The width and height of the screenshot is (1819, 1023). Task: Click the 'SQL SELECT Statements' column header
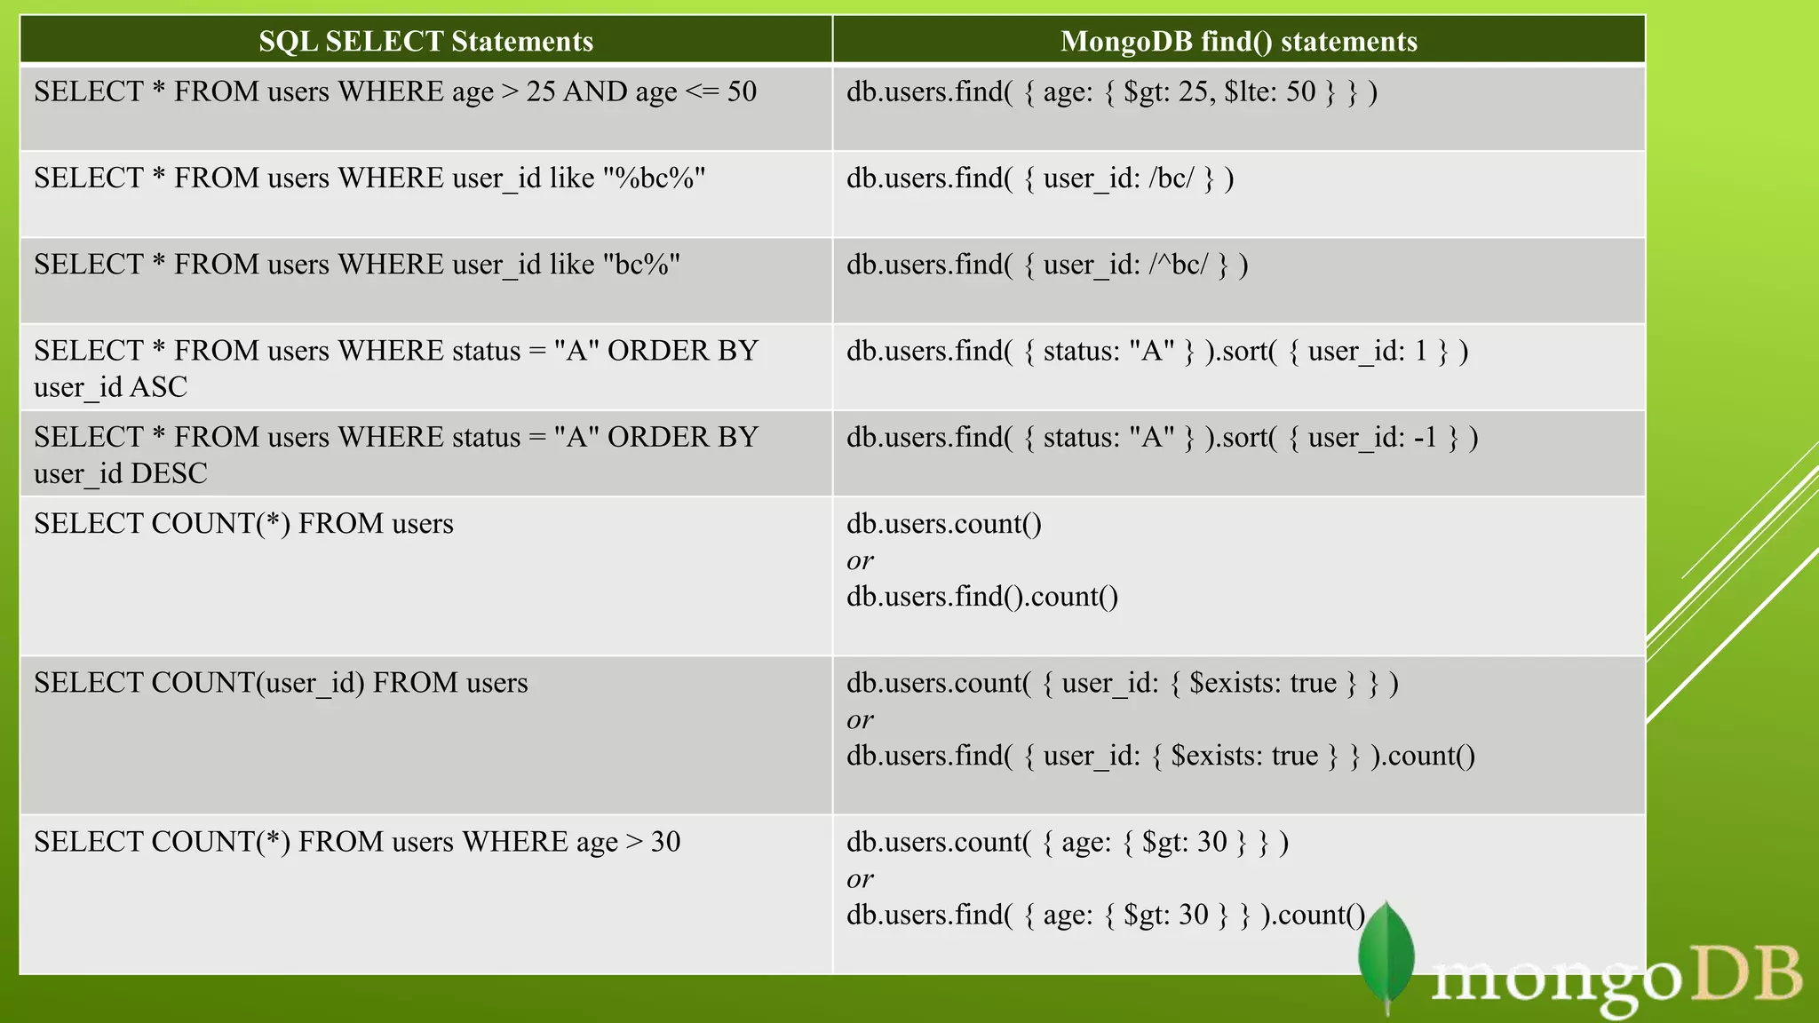point(425,41)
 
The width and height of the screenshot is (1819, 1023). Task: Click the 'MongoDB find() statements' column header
point(1238,41)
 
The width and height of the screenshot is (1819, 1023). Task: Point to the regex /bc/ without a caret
point(1171,178)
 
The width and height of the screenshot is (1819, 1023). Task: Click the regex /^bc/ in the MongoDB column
point(1178,265)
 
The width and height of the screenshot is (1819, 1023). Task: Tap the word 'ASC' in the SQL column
point(159,387)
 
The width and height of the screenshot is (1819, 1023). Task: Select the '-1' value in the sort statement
point(1425,438)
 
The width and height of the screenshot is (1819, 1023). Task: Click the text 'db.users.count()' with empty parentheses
point(943,524)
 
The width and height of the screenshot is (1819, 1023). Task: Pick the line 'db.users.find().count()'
point(981,597)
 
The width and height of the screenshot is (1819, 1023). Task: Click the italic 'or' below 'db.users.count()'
point(860,561)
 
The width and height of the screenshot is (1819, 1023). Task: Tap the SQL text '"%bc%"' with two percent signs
point(654,178)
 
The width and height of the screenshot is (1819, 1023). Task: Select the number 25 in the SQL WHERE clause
point(540,91)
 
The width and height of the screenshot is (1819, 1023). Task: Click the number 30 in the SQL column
point(665,842)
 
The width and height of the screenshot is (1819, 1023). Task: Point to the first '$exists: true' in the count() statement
point(1262,683)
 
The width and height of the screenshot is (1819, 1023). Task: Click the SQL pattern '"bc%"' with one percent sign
point(641,265)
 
